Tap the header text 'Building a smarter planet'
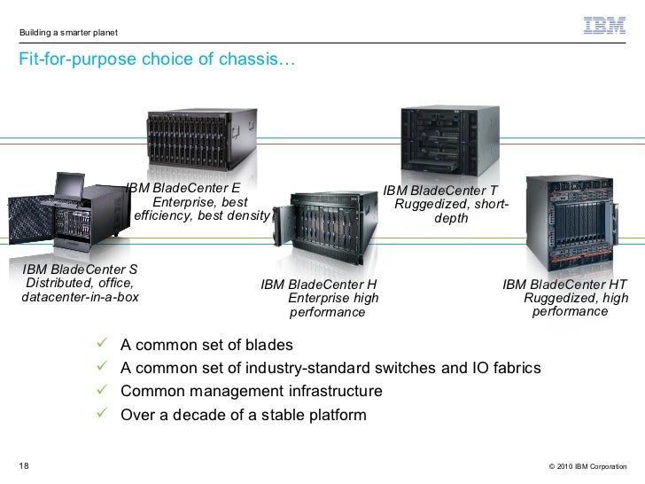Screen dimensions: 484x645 tap(68, 34)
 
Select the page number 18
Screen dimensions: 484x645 tap(24, 465)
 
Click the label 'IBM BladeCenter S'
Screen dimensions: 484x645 tap(80, 269)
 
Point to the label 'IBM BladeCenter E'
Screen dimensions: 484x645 tap(183, 188)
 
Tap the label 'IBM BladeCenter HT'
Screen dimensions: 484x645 tap(564, 285)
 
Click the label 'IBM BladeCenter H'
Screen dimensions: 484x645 tap(319, 285)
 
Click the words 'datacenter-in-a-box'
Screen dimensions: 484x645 tap(80, 297)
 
